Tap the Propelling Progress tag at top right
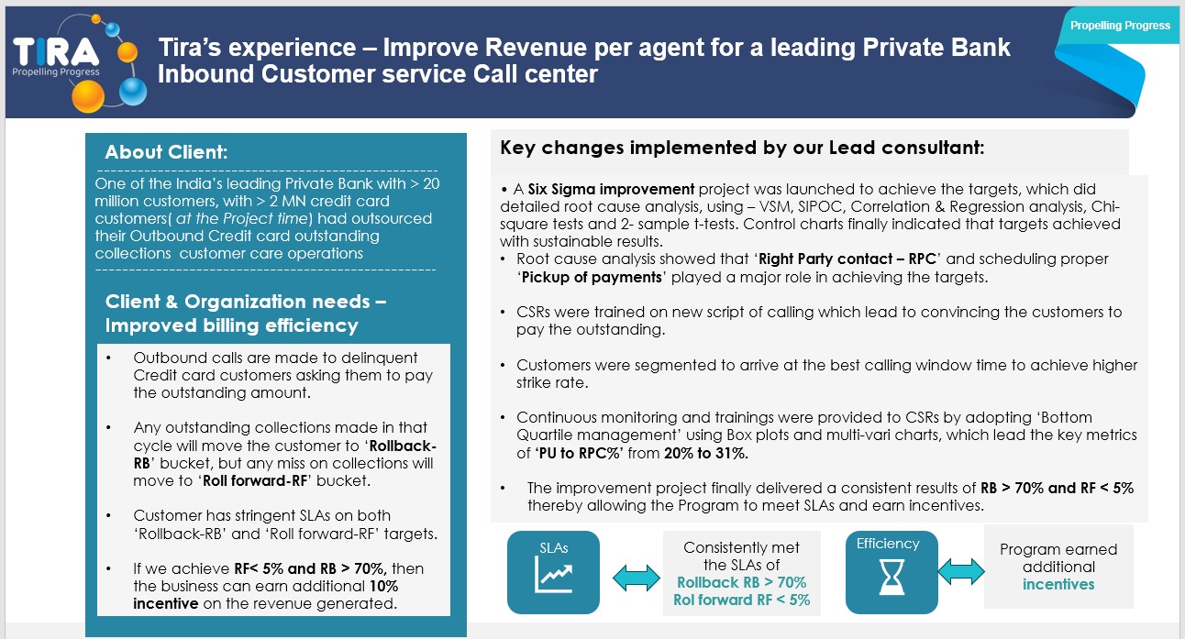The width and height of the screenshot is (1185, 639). tap(1120, 26)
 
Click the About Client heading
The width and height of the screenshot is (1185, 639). tap(166, 152)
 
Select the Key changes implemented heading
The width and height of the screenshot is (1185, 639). tap(742, 147)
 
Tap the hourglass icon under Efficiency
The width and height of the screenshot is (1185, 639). tap(891, 578)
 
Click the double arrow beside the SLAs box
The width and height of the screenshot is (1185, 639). tap(636, 577)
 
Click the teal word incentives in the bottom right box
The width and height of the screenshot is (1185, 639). tap(1058, 584)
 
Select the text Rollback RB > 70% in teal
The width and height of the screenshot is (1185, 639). tap(741, 582)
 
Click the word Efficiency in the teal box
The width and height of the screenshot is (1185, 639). tap(887, 544)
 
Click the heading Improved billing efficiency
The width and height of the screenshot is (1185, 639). tap(231, 325)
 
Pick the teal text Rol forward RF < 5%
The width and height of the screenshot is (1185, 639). tap(743, 600)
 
